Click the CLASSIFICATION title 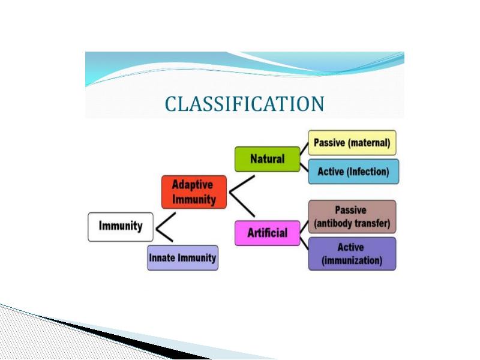(244, 104)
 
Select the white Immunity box (121, 227)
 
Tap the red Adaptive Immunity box (194, 192)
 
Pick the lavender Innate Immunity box (183, 258)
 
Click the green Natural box (267, 159)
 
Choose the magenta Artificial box (267, 233)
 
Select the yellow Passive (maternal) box (352, 143)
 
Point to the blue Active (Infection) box (353, 172)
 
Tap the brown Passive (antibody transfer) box (352, 217)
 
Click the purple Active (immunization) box (352, 254)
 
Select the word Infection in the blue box (368, 172)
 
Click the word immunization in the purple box (352, 261)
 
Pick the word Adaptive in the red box (193, 185)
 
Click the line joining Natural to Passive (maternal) (304, 149)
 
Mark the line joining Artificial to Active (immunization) (304, 243)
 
